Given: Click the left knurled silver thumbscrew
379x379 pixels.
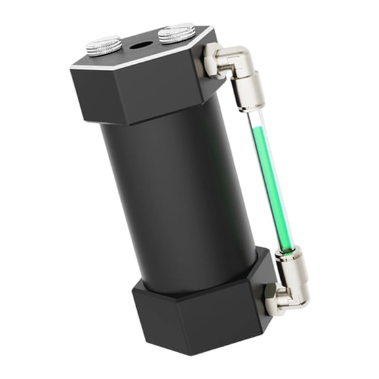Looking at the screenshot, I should click(x=103, y=45).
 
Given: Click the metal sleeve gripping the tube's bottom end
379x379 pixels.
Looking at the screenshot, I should click(x=288, y=260).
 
